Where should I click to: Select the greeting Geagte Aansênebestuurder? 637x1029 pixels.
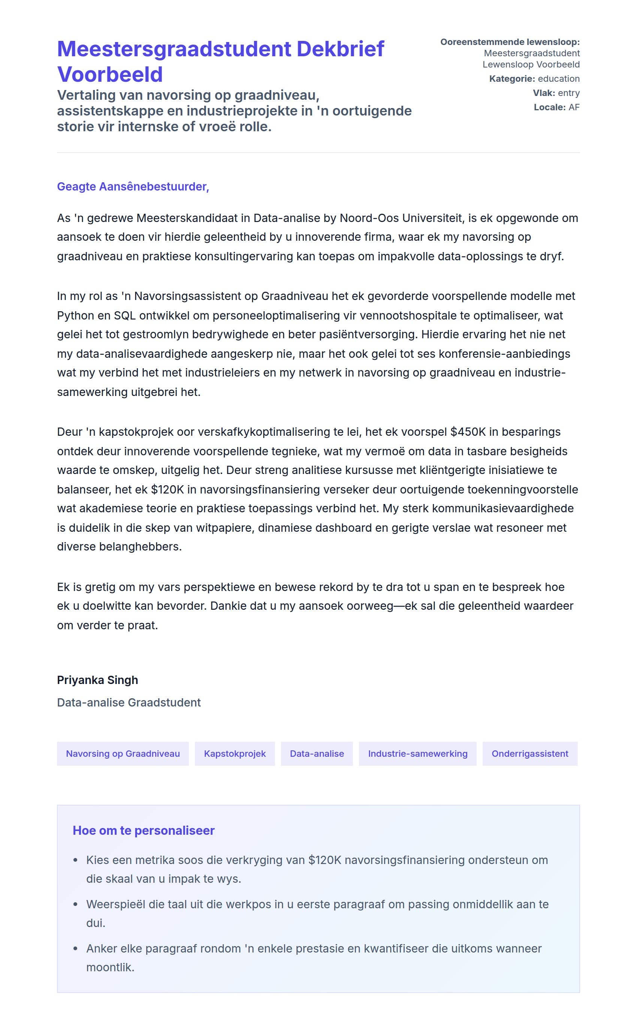pyautogui.click(x=133, y=186)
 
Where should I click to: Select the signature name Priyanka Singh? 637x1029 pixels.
pyautogui.click(x=97, y=680)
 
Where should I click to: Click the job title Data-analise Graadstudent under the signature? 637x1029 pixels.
pyautogui.click(x=129, y=702)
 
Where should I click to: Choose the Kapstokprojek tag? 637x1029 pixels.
pyautogui.click(x=235, y=754)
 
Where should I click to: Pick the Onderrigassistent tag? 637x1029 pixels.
pyautogui.click(x=529, y=754)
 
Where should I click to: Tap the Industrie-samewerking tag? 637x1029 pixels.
pyautogui.click(x=417, y=754)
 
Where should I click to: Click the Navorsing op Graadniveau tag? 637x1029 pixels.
pyautogui.click(x=123, y=754)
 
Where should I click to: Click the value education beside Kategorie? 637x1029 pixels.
pyautogui.click(x=559, y=79)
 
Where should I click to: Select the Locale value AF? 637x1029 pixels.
pyautogui.click(x=574, y=107)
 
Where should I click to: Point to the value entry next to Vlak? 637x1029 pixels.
pyautogui.click(x=569, y=93)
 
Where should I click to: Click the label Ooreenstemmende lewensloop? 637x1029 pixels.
pyautogui.click(x=510, y=42)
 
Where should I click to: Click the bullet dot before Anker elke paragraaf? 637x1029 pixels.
pyautogui.click(x=75, y=948)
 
